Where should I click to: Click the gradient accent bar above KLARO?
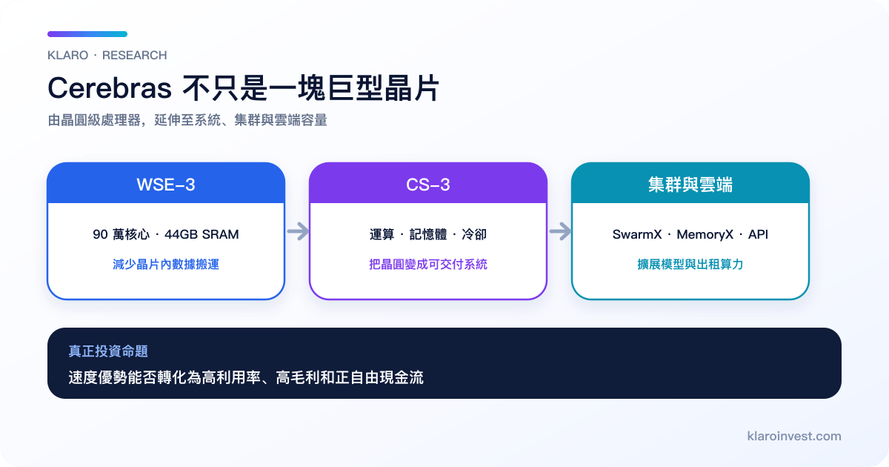click(87, 34)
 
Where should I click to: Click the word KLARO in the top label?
click(68, 55)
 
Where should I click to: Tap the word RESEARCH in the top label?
click(135, 55)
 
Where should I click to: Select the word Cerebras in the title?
click(110, 88)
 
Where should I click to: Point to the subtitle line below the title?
click(187, 120)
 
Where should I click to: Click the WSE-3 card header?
click(166, 183)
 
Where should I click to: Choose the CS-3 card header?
click(428, 183)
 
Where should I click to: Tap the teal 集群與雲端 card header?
click(690, 183)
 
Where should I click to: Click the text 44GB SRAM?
click(202, 234)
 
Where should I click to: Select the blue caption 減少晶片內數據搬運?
click(166, 264)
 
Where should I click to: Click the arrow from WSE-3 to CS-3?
click(298, 231)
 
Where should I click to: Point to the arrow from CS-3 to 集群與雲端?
click(560, 231)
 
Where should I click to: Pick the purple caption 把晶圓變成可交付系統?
click(428, 264)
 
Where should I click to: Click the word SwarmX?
click(637, 234)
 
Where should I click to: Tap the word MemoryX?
click(705, 234)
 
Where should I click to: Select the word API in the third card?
click(758, 234)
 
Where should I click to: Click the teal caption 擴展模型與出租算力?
click(690, 264)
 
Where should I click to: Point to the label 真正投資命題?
click(108, 351)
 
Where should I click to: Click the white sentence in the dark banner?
click(246, 377)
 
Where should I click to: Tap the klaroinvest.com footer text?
click(794, 436)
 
